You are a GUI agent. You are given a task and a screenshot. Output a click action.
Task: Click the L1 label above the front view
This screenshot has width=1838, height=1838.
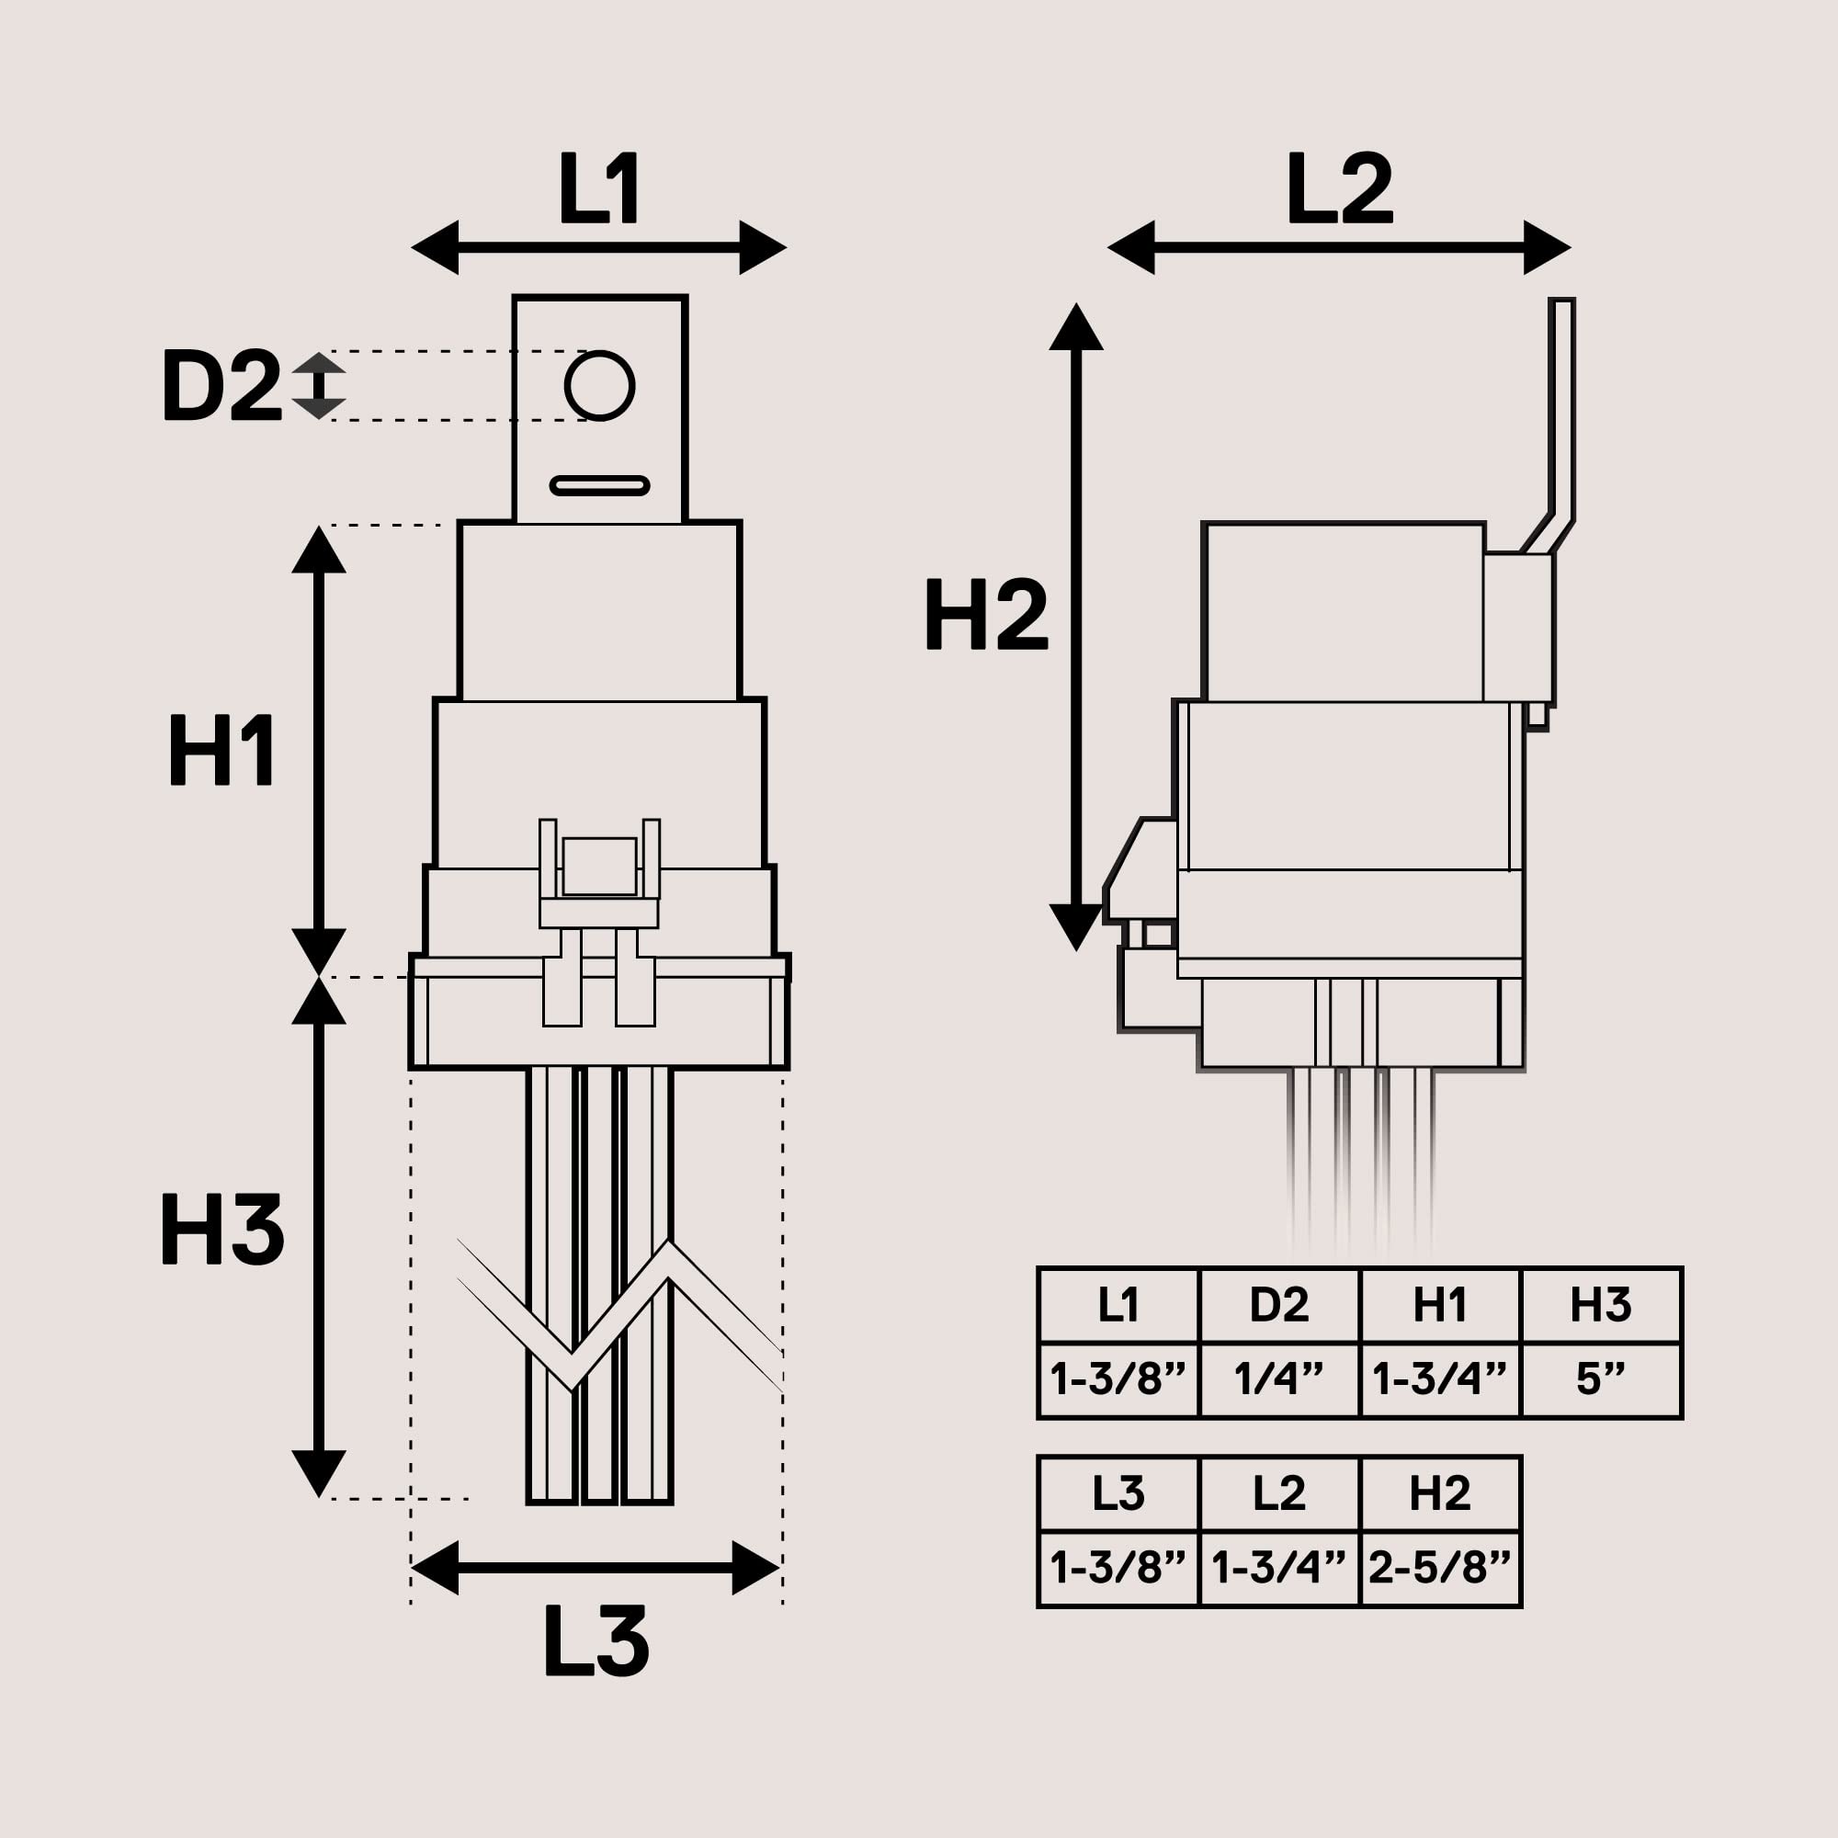pos(598,188)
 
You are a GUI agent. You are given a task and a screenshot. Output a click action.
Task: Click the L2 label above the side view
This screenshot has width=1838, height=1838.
pos(1339,188)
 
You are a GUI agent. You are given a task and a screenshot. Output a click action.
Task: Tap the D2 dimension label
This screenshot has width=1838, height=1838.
pos(221,385)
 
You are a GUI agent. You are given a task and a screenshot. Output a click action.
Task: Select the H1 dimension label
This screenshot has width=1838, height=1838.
pos(221,752)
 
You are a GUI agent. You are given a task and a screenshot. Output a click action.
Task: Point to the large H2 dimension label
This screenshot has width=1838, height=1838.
pos(985,616)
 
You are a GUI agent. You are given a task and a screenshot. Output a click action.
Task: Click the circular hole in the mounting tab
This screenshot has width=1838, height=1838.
pos(598,385)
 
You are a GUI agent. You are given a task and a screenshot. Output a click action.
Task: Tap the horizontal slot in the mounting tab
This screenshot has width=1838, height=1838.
pos(599,486)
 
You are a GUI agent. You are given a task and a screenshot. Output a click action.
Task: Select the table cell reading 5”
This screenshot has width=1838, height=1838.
pos(1601,1378)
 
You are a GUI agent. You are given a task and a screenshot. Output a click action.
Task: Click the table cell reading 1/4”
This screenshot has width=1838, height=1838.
pos(1278,1378)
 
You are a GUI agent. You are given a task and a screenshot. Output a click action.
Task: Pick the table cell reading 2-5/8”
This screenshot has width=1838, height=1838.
pos(1439,1567)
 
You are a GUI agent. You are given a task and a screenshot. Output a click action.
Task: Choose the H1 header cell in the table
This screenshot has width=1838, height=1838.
pos(1439,1304)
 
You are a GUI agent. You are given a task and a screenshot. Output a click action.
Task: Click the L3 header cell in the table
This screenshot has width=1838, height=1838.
pos(1118,1492)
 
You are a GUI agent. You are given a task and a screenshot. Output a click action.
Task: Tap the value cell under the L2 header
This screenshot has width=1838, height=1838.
pos(1278,1567)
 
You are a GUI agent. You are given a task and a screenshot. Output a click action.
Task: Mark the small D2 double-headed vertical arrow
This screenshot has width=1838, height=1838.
pos(318,386)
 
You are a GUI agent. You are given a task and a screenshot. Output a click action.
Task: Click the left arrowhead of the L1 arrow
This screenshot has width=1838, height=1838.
pos(436,247)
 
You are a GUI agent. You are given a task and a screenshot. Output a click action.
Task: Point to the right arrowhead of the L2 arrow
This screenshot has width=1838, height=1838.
pos(1546,247)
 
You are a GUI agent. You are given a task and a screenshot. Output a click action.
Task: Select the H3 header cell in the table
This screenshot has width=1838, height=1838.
pos(1601,1304)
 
